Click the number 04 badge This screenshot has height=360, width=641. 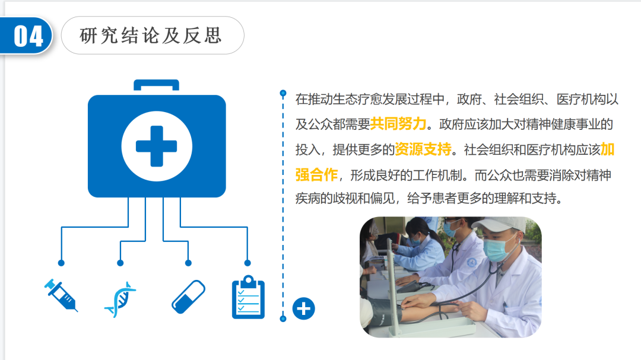pyautogui.click(x=28, y=36)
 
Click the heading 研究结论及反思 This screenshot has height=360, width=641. pyautogui.click(x=151, y=36)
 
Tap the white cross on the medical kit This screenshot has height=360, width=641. pyautogui.click(x=157, y=146)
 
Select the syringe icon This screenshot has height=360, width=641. pyautogui.click(x=61, y=295)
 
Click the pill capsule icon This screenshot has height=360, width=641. pyautogui.click(x=188, y=297)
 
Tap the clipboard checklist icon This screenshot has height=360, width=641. pyautogui.click(x=248, y=297)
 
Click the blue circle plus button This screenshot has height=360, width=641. pyautogui.click(x=304, y=308)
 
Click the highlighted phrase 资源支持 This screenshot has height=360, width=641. pyautogui.click(x=423, y=149)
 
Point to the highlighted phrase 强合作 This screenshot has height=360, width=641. pyautogui.click(x=316, y=175)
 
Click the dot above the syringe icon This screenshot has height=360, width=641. pyautogui.click(x=61, y=263)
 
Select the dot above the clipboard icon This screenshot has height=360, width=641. pyautogui.click(x=247, y=263)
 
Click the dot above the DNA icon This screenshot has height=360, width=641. pyautogui.click(x=120, y=263)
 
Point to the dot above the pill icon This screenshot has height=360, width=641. pyautogui.click(x=188, y=263)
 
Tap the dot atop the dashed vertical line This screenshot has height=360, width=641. pyautogui.click(x=283, y=93)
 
